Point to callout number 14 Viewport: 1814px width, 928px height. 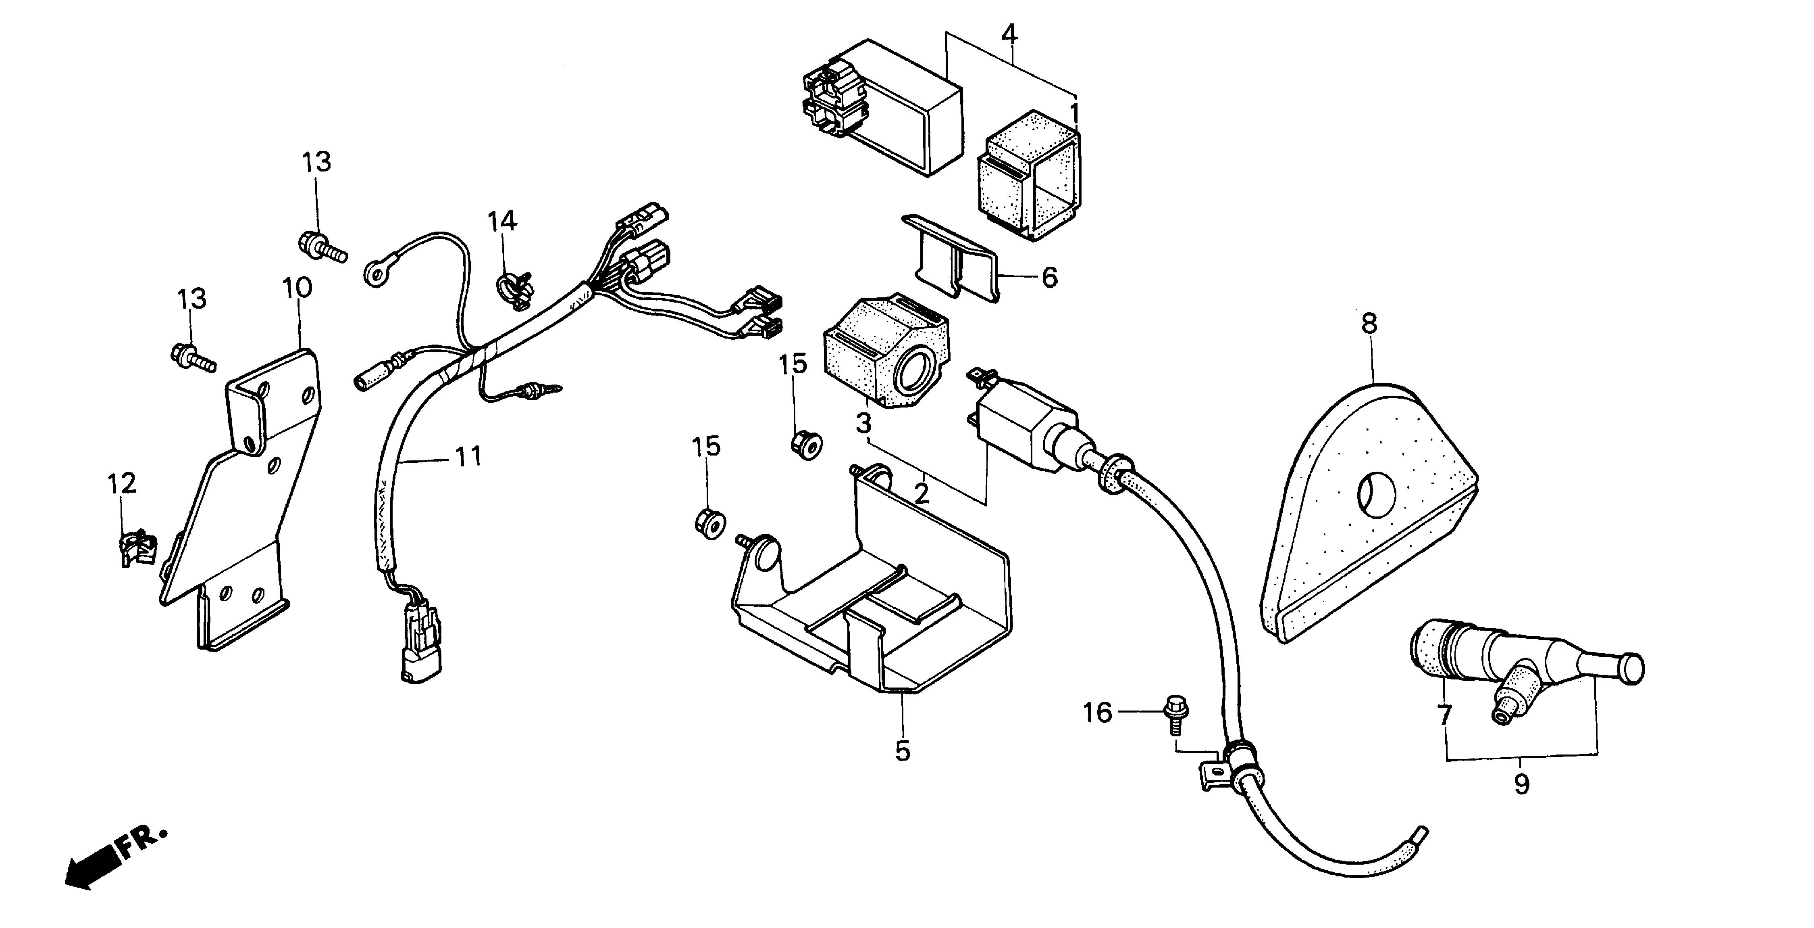pos(503,221)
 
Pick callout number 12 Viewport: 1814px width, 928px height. pos(121,483)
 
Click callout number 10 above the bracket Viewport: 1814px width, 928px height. pos(297,288)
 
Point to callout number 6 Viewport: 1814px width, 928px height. pos(1049,278)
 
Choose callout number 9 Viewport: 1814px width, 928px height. pos(1522,784)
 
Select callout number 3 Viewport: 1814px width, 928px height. pos(863,424)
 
